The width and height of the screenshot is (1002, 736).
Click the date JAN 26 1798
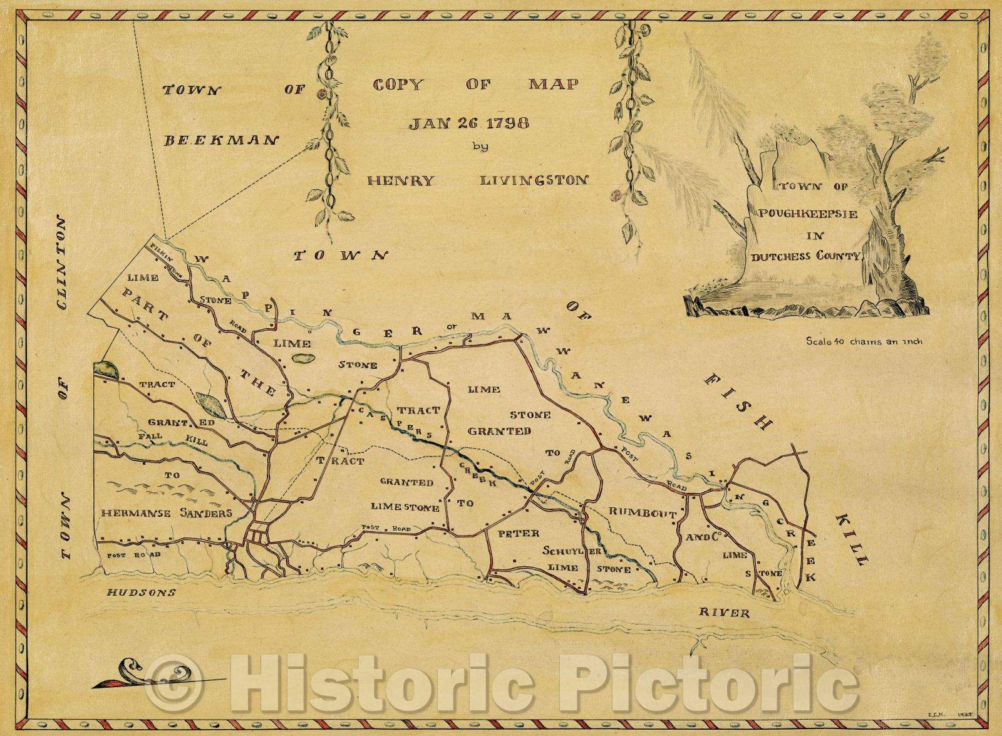(468, 123)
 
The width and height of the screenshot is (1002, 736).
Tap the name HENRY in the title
(401, 180)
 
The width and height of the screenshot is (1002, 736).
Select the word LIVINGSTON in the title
(534, 180)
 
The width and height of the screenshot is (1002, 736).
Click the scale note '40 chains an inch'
(864, 342)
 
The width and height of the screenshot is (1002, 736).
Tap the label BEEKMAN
(220, 140)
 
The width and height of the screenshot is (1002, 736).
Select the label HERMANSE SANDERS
(167, 513)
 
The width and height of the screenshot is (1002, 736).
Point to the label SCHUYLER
(572, 551)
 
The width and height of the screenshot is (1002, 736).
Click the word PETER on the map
(518, 534)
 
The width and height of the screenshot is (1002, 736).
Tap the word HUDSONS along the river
(141, 593)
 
